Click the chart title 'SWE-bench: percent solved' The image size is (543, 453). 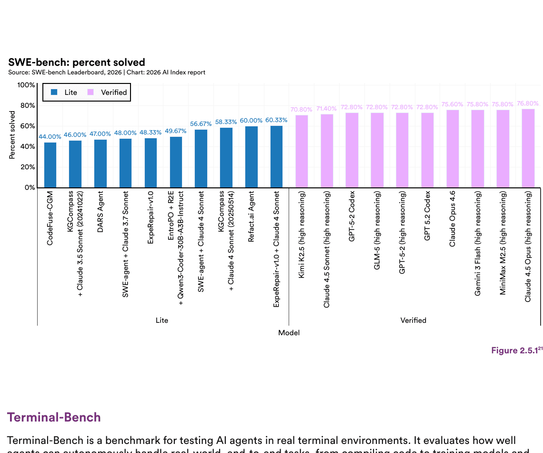click(x=77, y=62)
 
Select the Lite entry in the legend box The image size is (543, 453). click(x=64, y=93)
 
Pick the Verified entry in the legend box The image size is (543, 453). click(x=107, y=93)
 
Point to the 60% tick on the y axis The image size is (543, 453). click(x=27, y=126)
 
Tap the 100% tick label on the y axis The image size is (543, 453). click(x=26, y=85)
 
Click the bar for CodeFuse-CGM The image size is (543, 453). click(x=50, y=165)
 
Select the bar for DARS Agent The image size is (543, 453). click(x=101, y=164)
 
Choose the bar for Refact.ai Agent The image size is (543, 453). click(x=251, y=157)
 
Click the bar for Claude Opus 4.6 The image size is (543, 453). click(x=452, y=149)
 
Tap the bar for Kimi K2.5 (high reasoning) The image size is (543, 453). click(x=302, y=152)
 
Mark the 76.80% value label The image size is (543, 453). click(x=528, y=103)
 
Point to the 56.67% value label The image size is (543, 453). click(x=201, y=124)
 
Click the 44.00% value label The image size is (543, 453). click(x=50, y=136)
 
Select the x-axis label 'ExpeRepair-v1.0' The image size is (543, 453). click(x=151, y=218)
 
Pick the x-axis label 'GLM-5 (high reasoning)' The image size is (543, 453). click(x=377, y=231)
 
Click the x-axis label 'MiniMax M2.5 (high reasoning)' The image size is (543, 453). click(x=503, y=243)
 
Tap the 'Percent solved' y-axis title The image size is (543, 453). click(x=12, y=135)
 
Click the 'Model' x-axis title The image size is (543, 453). click(x=289, y=333)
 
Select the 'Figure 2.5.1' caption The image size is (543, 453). click(x=516, y=350)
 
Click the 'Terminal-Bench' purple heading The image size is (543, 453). click(x=54, y=417)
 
